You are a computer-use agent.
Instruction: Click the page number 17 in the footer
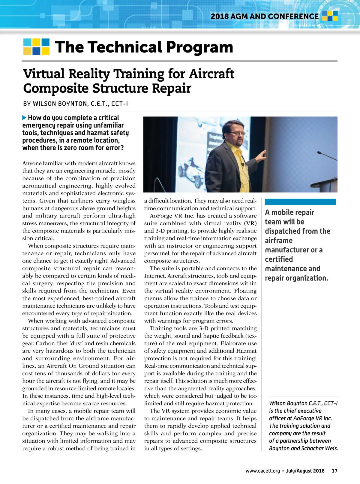coord(334,471)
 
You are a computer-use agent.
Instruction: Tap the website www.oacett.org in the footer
coord(262,471)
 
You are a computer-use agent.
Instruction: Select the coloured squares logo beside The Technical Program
coord(36,47)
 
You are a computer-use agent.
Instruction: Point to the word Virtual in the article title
coord(44,74)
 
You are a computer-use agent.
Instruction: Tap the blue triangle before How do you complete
coord(24,118)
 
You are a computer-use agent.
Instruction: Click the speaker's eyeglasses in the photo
coord(237,133)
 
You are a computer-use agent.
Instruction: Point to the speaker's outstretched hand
coord(262,155)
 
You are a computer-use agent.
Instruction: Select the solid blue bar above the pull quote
coord(300,202)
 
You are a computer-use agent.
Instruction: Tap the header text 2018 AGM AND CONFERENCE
coord(265,16)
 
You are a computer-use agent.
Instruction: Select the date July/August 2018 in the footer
coord(305,471)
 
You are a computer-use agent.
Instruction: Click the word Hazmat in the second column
coord(246,351)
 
